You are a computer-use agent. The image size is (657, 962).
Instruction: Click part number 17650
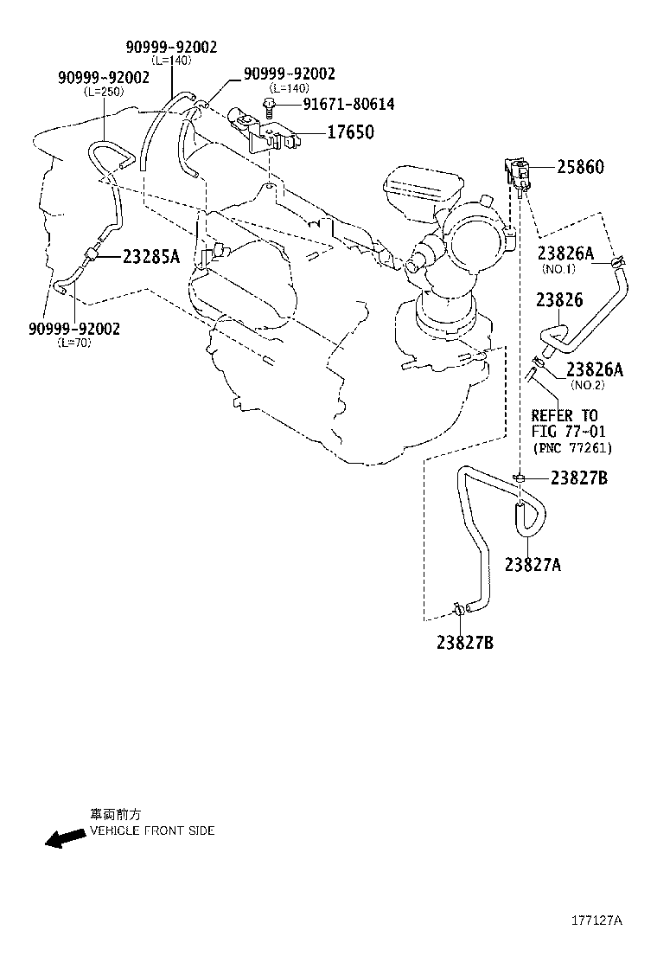pos(351,131)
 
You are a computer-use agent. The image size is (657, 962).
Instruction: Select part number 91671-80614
pos(348,104)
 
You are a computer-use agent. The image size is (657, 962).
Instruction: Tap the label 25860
pos(580,166)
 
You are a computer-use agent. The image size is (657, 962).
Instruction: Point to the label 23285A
pos(151,256)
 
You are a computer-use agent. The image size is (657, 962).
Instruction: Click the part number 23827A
pos(533,564)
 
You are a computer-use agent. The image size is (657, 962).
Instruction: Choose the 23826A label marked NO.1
pos(565,253)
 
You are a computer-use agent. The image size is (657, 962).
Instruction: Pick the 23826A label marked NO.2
pos(595,369)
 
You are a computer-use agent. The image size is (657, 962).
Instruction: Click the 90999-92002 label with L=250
pos(104,77)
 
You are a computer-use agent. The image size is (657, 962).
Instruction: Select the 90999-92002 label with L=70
pos(74,329)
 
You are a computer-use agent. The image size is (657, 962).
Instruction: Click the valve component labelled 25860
pos(517,174)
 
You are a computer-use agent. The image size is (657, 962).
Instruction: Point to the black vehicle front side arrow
pos(65,838)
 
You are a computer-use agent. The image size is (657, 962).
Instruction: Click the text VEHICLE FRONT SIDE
pos(153,831)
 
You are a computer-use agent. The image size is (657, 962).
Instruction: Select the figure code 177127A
pos(597,920)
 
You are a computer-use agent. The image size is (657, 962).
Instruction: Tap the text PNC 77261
pos(572,448)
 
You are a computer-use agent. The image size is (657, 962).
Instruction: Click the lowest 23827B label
pos(465,643)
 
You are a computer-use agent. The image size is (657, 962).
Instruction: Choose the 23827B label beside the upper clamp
pos(579,478)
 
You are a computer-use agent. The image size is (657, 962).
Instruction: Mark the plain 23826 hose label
pos(559,300)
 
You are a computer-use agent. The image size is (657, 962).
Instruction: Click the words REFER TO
pos(565,415)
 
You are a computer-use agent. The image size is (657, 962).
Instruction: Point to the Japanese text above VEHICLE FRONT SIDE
pos(116,814)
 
